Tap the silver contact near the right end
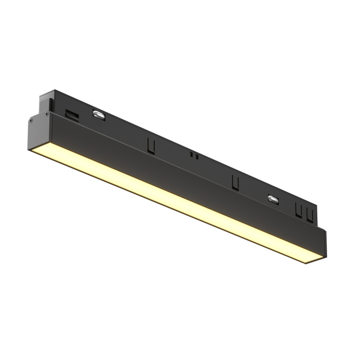(x=272, y=199)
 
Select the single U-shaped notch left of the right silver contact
(x=236, y=182)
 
